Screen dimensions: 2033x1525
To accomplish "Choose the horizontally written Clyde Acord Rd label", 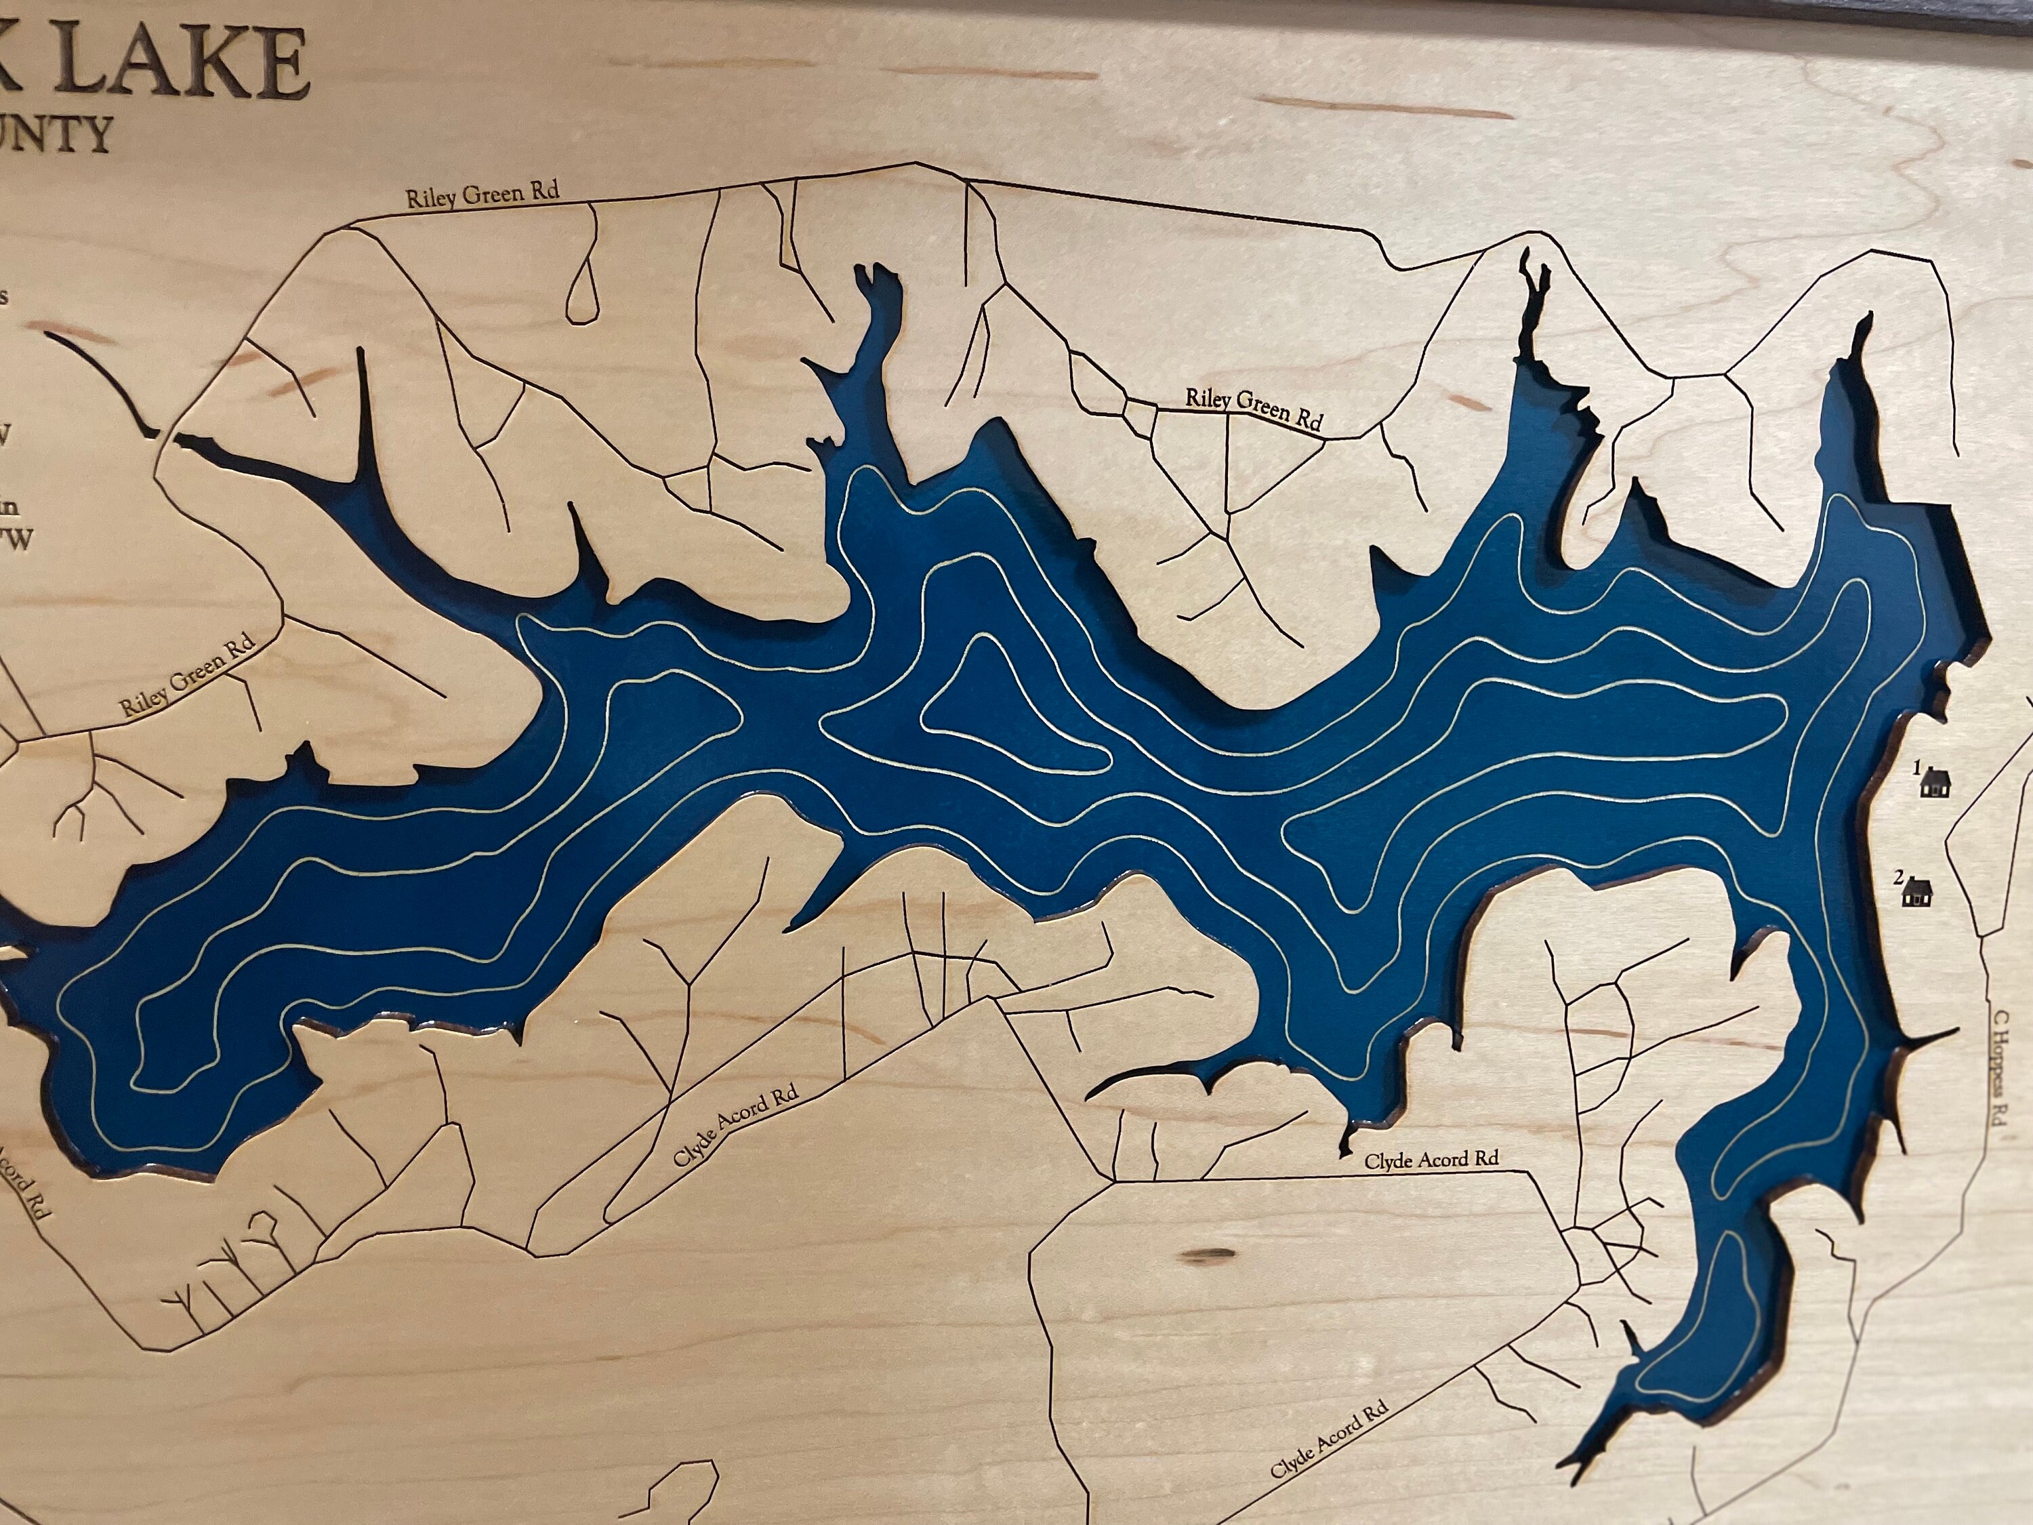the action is [x=1431, y=1160].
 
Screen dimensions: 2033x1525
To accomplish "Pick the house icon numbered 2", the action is [x=1917, y=892].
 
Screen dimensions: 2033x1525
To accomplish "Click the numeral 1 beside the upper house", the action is [x=1917, y=767].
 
